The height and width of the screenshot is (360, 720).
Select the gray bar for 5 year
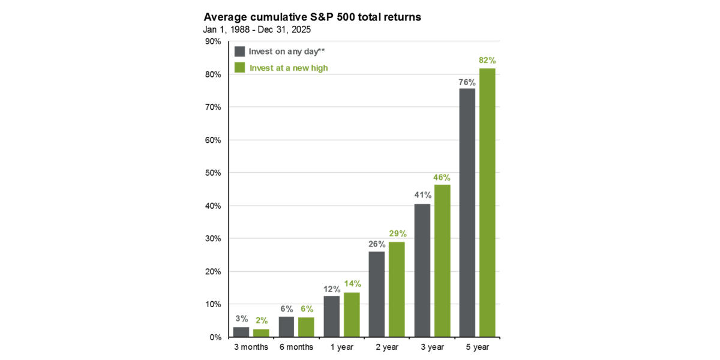click(467, 212)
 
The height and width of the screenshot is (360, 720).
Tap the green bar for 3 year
click(442, 261)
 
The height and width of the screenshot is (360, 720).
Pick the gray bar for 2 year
click(377, 294)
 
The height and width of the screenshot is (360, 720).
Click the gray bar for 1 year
click(331, 316)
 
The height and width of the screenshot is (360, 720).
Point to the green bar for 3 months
click(261, 333)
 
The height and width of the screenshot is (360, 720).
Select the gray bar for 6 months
click(286, 327)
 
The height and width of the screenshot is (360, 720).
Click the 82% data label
click(487, 61)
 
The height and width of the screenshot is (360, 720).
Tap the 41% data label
click(422, 195)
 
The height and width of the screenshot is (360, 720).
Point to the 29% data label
click(397, 233)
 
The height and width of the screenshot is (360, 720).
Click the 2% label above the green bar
click(261, 320)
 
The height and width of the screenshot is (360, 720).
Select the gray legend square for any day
click(239, 51)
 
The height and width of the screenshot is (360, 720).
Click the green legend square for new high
click(239, 68)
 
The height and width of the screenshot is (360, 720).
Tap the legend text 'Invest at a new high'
click(289, 68)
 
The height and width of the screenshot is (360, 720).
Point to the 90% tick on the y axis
click(213, 41)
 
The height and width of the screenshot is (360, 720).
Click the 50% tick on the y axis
click(213, 173)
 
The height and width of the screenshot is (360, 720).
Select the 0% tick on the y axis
click(215, 337)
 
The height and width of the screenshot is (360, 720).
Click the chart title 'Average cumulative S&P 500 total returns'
click(312, 17)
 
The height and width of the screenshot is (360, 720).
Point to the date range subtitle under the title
click(257, 29)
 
